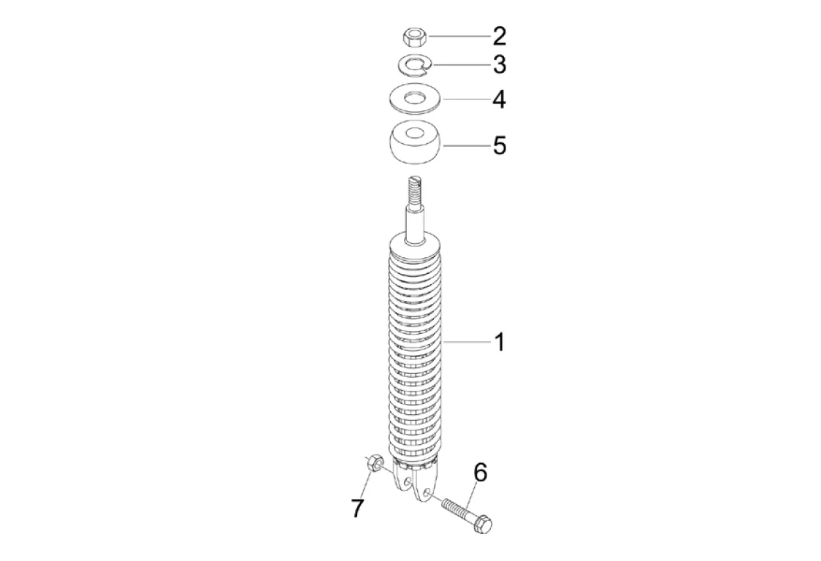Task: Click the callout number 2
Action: (500, 36)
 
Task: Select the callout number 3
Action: (500, 64)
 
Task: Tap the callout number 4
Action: (500, 99)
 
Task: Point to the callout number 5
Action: (500, 145)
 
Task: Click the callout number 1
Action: (500, 342)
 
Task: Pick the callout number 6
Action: (480, 473)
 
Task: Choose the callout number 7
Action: (358, 508)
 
